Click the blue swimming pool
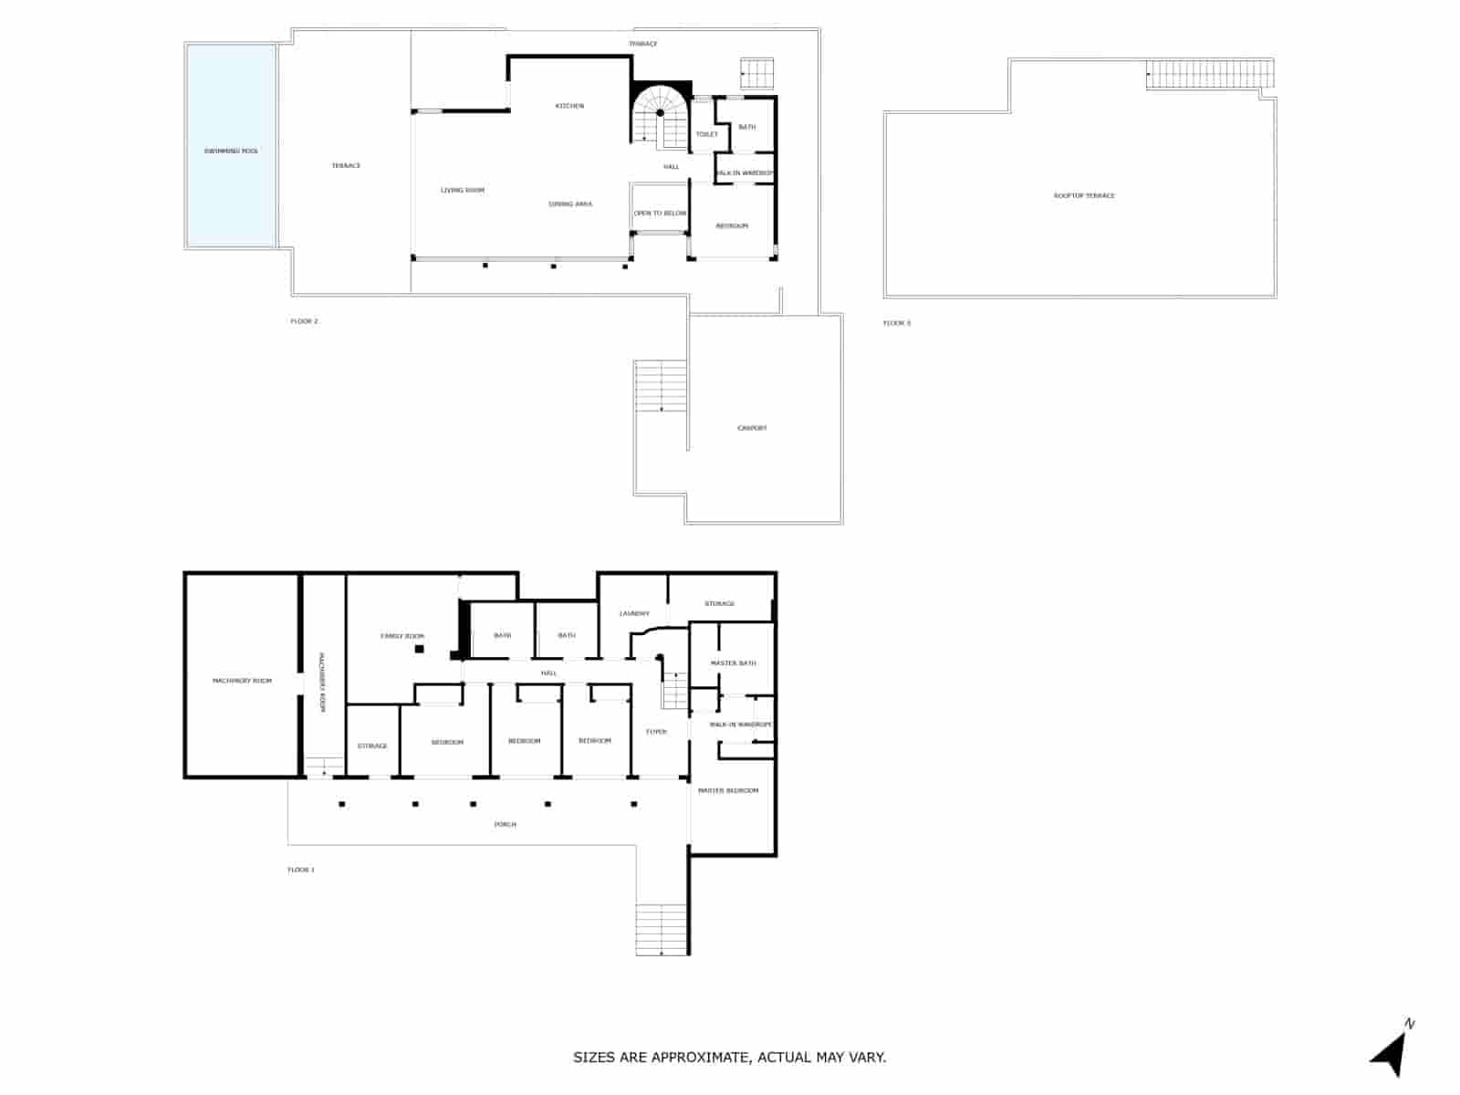tap(231, 146)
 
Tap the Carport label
tap(752, 428)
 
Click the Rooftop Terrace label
tap(1084, 195)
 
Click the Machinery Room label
tap(242, 681)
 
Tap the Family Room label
tap(402, 636)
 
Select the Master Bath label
tap(733, 663)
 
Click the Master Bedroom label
tap(728, 790)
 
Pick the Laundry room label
tap(634, 613)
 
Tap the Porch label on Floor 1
tap(505, 824)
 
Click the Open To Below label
tap(660, 214)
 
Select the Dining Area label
tap(570, 203)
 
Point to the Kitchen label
tap(569, 106)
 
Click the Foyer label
tap(656, 732)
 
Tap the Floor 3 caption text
tap(896, 323)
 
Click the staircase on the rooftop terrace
tap(1209, 74)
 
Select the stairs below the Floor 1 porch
tap(662, 929)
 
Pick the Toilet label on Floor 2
tap(706, 134)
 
